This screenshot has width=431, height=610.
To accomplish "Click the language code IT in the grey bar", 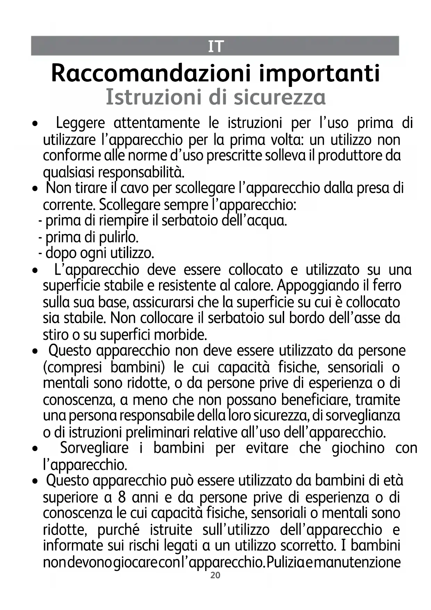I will pyautogui.click(x=215, y=46).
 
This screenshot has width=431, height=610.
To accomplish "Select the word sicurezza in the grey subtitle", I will pyautogui.click(x=280, y=97).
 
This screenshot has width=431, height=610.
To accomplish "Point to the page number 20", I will pyautogui.click(x=215, y=576).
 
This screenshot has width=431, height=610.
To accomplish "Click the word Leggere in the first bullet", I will pyautogui.click(x=80, y=123).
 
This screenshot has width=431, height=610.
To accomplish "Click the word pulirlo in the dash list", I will pyautogui.click(x=118, y=238).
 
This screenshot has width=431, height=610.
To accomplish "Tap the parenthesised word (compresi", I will pyautogui.click(x=72, y=368).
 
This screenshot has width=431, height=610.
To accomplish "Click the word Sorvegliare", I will pyautogui.click(x=94, y=448).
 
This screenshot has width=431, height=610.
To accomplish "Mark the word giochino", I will pyautogui.click(x=358, y=448).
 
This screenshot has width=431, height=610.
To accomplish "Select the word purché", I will pyautogui.click(x=118, y=530).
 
